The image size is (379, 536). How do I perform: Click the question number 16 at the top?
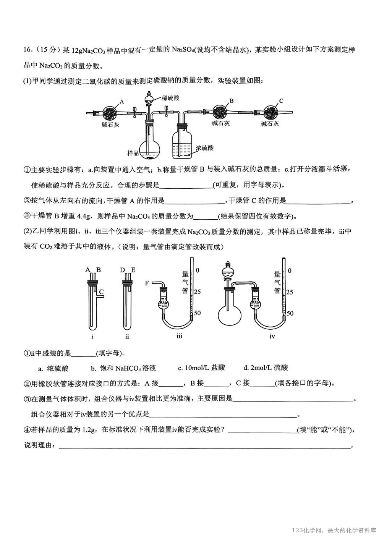click(28, 50)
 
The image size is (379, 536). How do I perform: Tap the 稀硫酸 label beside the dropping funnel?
click(170, 98)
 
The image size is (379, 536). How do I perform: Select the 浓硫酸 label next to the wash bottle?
click(204, 148)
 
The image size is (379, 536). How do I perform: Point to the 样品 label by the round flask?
click(133, 153)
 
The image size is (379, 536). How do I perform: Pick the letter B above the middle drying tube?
click(231, 101)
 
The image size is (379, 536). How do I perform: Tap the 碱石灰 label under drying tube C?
click(270, 124)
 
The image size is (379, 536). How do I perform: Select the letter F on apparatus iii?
click(147, 283)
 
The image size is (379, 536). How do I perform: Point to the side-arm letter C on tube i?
click(101, 292)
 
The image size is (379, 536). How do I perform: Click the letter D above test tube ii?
click(122, 270)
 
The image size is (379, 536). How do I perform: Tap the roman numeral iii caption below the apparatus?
click(179, 336)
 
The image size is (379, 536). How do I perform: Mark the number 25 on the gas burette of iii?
click(198, 292)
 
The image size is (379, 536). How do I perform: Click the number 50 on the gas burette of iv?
click(290, 313)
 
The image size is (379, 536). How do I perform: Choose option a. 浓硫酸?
click(53, 368)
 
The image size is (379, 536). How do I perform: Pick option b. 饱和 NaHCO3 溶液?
click(123, 368)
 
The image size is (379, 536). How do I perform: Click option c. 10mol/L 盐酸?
click(201, 368)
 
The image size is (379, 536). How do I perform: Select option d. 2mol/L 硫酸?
click(266, 368)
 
